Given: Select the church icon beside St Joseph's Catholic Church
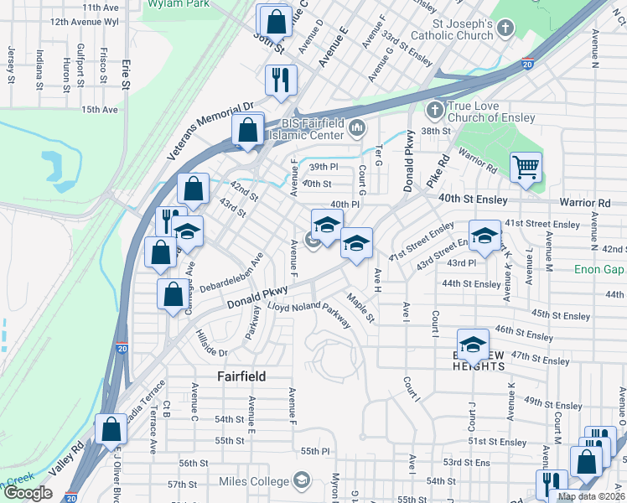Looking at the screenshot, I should [x=505, y=29].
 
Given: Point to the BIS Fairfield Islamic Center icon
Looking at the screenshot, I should [x=358, y=129].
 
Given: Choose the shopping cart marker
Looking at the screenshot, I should [x=526, y=167].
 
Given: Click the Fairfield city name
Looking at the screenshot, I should [x=241, y=376].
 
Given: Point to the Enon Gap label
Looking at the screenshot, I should [x=598, y=269].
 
